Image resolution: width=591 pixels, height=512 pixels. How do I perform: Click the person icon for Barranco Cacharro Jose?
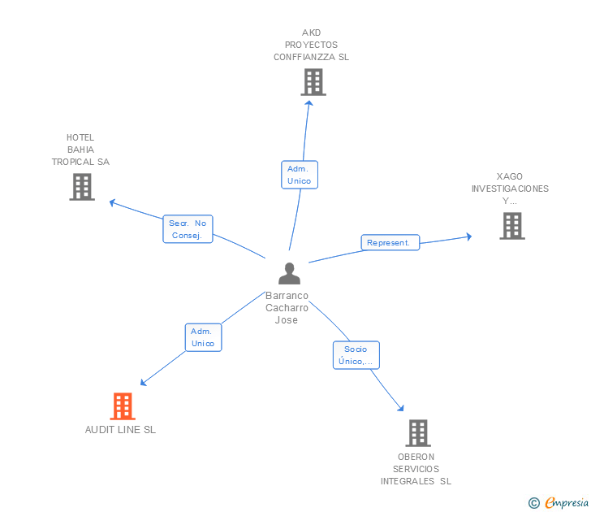[289, 274]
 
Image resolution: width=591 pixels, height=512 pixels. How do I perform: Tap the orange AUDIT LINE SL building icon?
[122, 406]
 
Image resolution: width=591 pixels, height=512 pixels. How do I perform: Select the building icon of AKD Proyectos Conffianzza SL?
[313, 81]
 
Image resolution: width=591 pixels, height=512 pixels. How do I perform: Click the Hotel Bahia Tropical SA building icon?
[81, 187]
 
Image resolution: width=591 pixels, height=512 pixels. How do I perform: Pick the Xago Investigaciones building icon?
[511, 226]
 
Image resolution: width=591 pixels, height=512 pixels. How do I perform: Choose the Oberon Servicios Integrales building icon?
[417, 433]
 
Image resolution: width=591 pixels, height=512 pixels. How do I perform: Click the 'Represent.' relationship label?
[390, 242]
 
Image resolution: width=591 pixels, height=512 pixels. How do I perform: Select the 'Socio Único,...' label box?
[356, 355]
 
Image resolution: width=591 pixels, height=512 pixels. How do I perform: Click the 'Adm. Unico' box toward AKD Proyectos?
[299, 175]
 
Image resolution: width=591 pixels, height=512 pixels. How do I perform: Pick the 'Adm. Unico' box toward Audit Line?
[202, 337]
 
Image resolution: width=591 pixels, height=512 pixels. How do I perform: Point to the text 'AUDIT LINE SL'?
[120, 430]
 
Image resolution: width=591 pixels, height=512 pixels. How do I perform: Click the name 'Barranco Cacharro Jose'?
[287, 308]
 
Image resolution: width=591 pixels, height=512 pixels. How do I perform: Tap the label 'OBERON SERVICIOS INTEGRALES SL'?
[416, 469]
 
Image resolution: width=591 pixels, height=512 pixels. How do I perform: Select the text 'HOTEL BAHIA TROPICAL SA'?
[80, 150]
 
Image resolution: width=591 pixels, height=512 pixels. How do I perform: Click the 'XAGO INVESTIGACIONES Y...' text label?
[510, 189]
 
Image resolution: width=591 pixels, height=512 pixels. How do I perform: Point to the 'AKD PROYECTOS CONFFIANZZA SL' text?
[311, 45]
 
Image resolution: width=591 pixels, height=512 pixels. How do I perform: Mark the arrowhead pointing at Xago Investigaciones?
[468, 236]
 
